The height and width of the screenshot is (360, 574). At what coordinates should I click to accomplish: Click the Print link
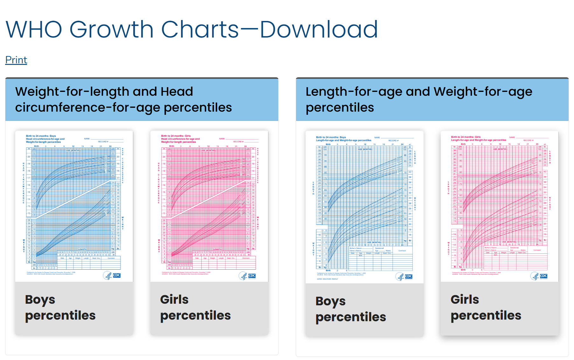[x=16, y=60]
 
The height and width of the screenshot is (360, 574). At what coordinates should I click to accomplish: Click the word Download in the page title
[x=319, y=29]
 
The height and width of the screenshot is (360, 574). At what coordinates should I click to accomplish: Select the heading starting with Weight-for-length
[x=123, y=99]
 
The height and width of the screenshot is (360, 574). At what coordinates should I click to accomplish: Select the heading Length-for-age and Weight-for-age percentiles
[x=418, y=99]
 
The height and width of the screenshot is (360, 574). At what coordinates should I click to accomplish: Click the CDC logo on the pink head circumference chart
[x=247, y=276]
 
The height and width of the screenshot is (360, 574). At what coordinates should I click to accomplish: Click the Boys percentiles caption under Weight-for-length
[x=60, y=308]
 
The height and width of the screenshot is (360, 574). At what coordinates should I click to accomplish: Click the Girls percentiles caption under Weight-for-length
[x=195, y=308]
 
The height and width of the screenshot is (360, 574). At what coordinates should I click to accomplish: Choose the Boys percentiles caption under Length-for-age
[x=350, y=309]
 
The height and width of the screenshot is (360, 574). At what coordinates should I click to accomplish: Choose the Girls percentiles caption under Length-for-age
[x=486, y=308]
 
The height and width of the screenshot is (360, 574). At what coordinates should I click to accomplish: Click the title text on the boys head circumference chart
[x=45, y=139]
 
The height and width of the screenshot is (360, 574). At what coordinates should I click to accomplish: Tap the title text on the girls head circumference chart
[x=180, y=139]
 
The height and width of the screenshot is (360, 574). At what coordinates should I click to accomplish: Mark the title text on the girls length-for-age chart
[x=479, y=139]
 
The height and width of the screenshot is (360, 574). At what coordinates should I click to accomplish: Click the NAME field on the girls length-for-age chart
[x=528, y=137]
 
